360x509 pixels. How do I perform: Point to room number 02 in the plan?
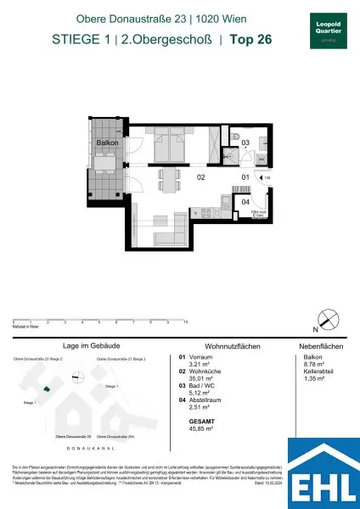click(201, 178)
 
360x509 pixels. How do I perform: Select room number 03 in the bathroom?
click(245, 144)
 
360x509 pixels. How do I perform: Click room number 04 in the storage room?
click(245, 202)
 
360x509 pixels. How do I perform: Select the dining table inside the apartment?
click(171, 179)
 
